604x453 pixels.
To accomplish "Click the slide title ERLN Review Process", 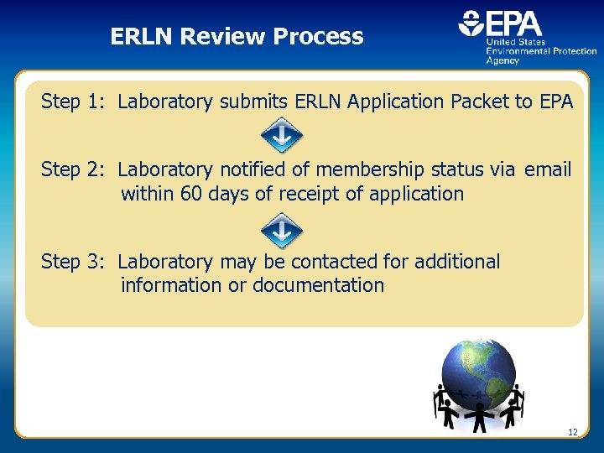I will pos(237,37).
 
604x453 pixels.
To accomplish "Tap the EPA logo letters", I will pos(513,23).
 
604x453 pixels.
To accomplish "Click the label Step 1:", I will pos(72,102).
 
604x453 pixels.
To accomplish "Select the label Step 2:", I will pos(72,170).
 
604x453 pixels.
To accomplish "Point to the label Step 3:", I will pos(72,262).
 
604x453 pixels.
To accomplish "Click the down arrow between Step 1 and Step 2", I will pos(281,136).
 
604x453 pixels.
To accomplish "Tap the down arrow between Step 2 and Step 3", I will pos(281,228).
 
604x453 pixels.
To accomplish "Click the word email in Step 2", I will pos(548,170).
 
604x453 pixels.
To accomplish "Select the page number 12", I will pos(573,432).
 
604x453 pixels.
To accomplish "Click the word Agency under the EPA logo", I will pos(502,61).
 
